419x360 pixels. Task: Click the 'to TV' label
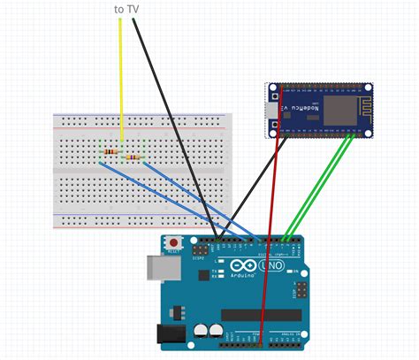click(126, 9)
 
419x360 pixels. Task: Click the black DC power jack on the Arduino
click(171, 333)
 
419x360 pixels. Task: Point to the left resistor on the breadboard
click(110, 152)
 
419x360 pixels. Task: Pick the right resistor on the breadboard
click(134, 158)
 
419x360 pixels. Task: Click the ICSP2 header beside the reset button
click(200, 251)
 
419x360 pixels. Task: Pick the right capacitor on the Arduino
click(216, 329)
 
